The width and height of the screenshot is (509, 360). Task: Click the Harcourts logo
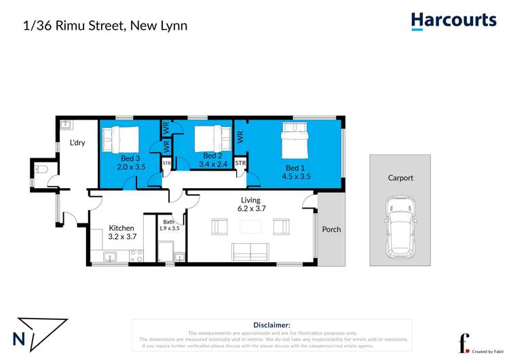(453, 21)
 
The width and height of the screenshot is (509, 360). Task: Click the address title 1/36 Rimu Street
(105, 26)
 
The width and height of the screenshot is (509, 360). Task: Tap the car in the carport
(399, 227)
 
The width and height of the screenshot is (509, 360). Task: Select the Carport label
(400, 178)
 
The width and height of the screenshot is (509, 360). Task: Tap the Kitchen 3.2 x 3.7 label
(121, 232)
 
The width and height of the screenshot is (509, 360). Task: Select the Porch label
(331, 229)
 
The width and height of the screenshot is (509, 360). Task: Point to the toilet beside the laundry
(41, 170)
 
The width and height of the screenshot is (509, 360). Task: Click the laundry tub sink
(67, 124)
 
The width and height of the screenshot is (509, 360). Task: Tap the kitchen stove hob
(136, 256)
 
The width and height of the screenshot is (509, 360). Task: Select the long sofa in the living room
(250, 252)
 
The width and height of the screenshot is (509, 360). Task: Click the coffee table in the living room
(250, 226)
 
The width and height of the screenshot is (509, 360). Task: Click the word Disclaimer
(271, 325)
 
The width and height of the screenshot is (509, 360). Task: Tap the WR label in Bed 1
(240, 136)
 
